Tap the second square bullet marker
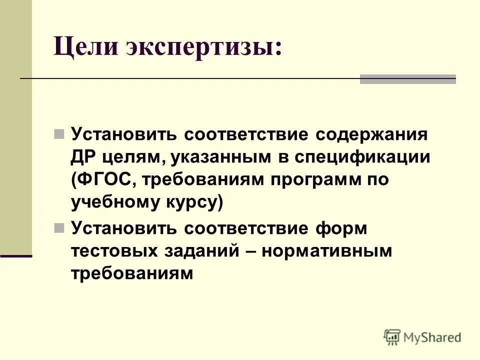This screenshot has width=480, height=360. point(59,229)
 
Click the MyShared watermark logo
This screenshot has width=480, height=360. point(422,337)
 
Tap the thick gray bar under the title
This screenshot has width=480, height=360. point(408,79)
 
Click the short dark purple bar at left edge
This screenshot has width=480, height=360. point(16,255)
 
